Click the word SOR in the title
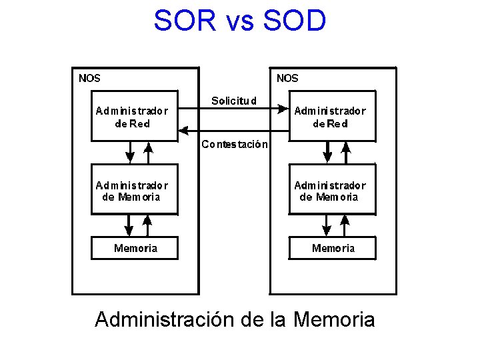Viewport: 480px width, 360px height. [x=184, y=21]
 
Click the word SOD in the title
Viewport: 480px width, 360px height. [x=295, y=21]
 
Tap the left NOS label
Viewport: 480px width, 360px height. [x=89, y=78]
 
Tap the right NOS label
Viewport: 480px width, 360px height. [x=287, y=78]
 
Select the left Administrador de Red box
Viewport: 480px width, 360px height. [x=134, y=116]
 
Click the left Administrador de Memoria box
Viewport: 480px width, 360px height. [x=134, y=191]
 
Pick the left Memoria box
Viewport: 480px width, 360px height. [x=135, y=248]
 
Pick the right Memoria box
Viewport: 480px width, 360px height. [x=333, y=248]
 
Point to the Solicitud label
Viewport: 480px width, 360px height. [x=233, y=101]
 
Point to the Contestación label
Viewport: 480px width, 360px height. [x=235, y=144]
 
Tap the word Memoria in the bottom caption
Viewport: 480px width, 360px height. [x=333, y=319]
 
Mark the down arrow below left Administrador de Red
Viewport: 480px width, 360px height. [x=131, y=155]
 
